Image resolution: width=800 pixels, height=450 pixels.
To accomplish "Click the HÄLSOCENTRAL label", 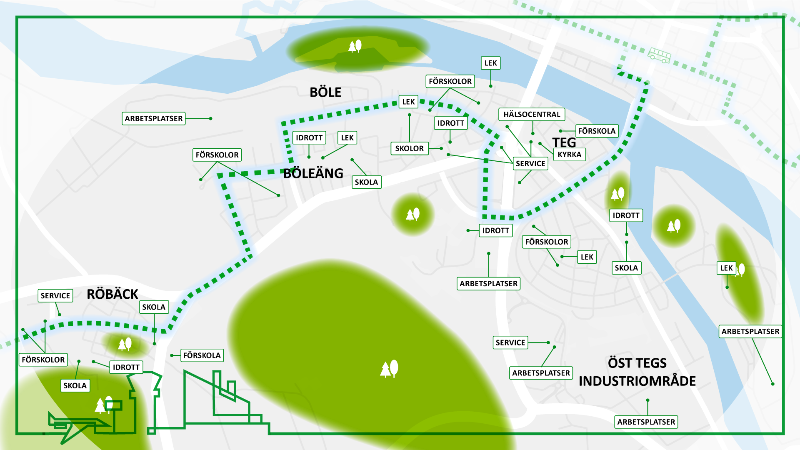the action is (x=532, y=115).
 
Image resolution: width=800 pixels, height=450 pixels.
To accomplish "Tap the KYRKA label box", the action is (x=570, y=155).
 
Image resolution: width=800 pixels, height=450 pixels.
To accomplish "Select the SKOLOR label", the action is (x=409, y=148).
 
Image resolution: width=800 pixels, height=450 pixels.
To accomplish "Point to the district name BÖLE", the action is (x=325, y=92).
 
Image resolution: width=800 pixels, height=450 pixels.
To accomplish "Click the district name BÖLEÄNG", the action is (x=313, y=173).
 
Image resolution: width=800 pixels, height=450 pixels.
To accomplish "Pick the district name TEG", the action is (x=564, y=142).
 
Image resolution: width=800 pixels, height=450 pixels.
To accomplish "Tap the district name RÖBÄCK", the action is (x=112, y=294).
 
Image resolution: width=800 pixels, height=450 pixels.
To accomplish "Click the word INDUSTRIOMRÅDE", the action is (x=637, y=381).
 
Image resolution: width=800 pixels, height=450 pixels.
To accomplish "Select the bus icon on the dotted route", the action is (x=659, y=55).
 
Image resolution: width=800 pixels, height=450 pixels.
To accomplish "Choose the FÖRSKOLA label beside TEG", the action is (x=597, y=131).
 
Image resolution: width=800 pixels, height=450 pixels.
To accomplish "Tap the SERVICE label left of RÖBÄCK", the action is (x=55, y=296).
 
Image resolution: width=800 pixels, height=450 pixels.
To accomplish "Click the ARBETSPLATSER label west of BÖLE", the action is (x=154, y=119).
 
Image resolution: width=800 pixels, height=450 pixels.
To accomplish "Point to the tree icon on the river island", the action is (x=355, y=46).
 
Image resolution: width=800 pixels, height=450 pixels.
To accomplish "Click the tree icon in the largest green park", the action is (x=389, y=369).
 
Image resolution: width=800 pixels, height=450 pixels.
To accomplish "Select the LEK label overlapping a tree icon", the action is (x=726, y=268).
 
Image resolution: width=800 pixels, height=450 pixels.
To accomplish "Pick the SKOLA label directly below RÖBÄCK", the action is (x=154, y=307).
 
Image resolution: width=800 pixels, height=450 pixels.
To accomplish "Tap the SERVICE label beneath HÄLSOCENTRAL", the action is (x=530, y=164).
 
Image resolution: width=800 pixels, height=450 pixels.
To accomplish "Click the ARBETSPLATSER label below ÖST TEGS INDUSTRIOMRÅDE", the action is (x=646, y=422).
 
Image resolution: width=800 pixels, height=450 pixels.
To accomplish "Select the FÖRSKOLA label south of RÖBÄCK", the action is (x=202, y=355).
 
